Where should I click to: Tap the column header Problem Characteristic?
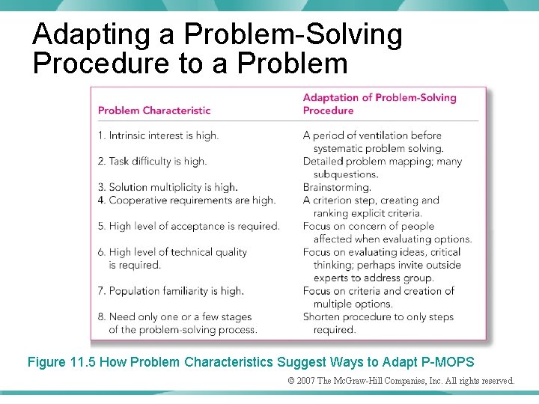pyautogui.click(x=154, y=111)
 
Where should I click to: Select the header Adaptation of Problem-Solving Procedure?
pyautogui.click(x=379, y=104)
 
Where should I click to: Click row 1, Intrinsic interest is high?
pyautogui.click(x=158, y=135)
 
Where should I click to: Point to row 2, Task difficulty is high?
pyautogui.click(x=152, y=161)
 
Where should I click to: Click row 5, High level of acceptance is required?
pyautogui.click(x=189, y=226)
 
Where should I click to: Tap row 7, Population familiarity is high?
pyautogui.click(x=171, y=290)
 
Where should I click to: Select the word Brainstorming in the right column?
pyautogui.click(x=337, y=187)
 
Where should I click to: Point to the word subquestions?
pyautogui.click(x=346, y=174)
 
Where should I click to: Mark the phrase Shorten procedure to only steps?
pyautogui.click(x=378, y=316)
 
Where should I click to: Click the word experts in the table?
pyautogui.click(x=332, y=278)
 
